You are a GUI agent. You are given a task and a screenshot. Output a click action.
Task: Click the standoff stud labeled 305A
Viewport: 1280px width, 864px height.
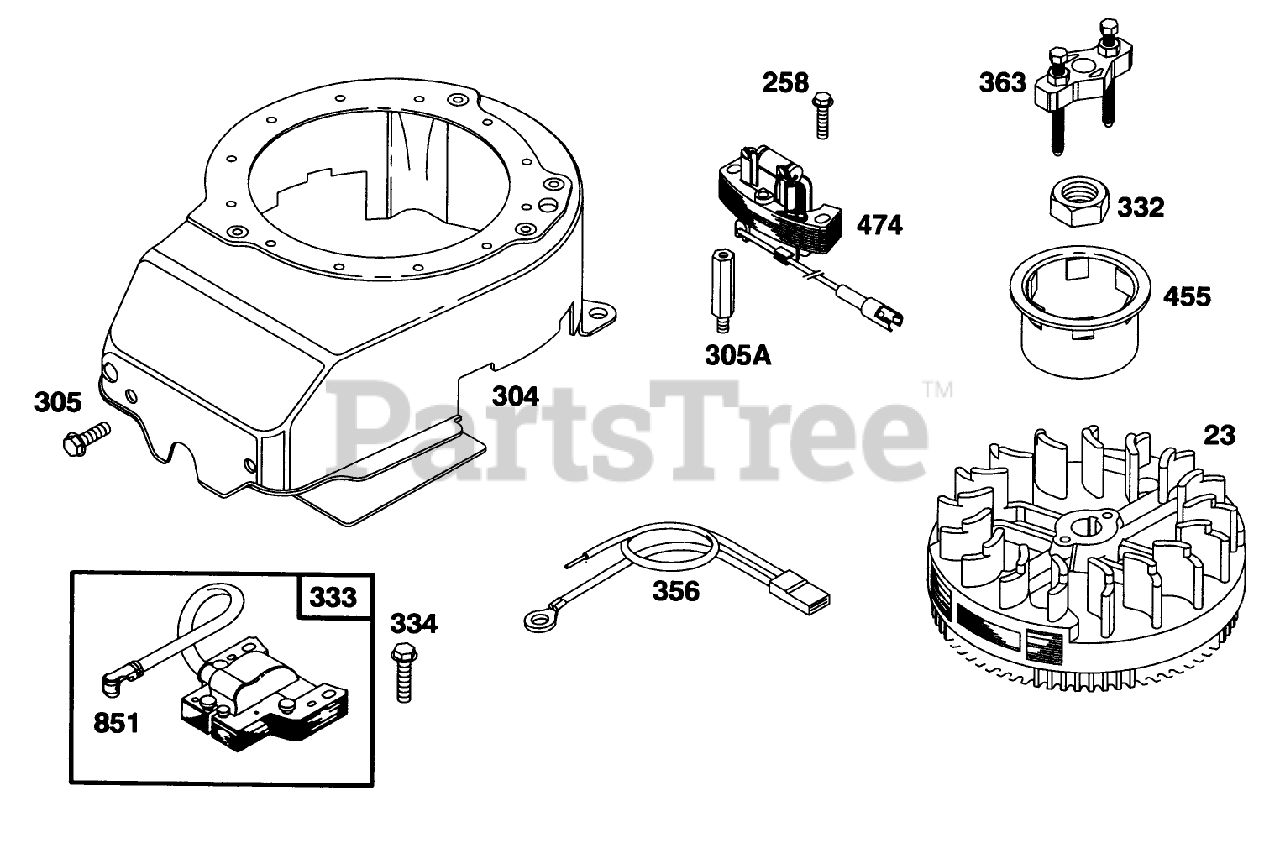718,291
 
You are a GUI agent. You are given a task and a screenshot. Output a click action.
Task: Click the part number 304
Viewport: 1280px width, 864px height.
515,396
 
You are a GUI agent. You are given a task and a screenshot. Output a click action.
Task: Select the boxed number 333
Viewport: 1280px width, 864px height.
332,598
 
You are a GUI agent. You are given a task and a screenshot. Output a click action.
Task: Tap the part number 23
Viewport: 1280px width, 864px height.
1219,435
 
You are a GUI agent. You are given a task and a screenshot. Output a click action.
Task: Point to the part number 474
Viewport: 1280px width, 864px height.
879,225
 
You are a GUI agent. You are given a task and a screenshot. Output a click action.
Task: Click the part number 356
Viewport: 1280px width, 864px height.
676,590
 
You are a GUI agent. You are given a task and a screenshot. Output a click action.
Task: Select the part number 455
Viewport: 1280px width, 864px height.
1186,296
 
